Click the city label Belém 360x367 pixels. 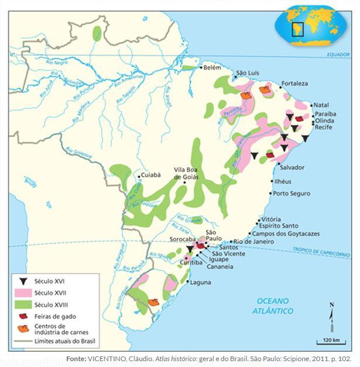[212, 68]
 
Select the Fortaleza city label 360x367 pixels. [294, 84]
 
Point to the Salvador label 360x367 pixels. [292, 167]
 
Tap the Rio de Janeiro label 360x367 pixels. [253, 241]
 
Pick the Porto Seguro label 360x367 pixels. [292, 193]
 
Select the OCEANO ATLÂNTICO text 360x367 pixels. [272, 306]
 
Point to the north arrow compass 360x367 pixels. [331, 314]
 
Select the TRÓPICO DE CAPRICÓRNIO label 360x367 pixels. [321, 252]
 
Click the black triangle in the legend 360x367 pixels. [23, 281]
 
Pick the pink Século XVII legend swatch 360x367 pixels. [23, 293]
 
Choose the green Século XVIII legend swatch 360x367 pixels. [23, 304]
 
